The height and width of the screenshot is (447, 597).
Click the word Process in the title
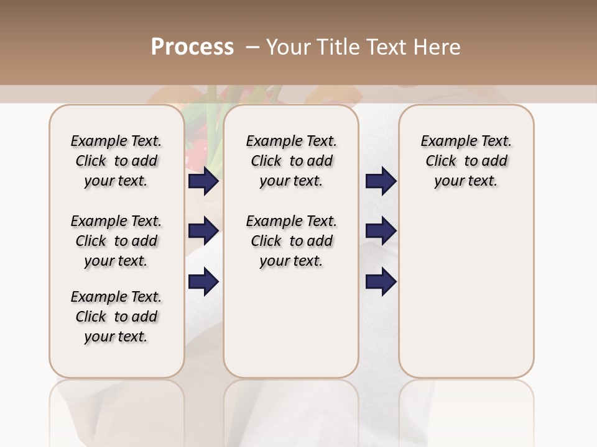pyautogui.click(x=192, y=47)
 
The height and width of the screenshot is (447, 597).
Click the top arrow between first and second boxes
pyautogui.click(x=203, y=181)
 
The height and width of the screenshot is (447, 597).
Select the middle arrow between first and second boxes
pyautogui.click(x=203, y=232)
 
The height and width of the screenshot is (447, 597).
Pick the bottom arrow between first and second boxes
pyautogui.click(x=203, y=282)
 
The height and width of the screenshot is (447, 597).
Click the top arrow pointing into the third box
pyautogui.click(x=381, y=181)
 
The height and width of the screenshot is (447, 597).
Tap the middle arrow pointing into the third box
pyautogui.click(x=381, y=232)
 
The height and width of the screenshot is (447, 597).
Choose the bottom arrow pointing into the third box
pyautogui.click(x=381, y=282)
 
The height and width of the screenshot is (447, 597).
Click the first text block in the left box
pyautogui.click(x=116, y=161)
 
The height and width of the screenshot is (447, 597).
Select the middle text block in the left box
pyautogui.click(x=116, y=241)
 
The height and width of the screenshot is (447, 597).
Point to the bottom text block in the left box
pyautogui.click(x=116, y=317)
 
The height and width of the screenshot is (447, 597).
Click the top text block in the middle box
pyautogui.click(x=292, y=161)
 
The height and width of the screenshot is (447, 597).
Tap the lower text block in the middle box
pyautogui.click(x=292, y=241)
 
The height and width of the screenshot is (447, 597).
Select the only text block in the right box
pyautogui.click(x=466, y=161)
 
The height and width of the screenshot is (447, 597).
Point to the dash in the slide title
pyautogui.click(x=252, y=47)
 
